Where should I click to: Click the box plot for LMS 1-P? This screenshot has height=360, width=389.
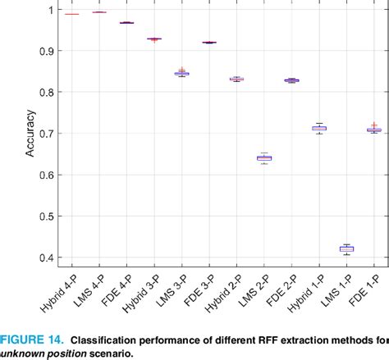pos(346,248)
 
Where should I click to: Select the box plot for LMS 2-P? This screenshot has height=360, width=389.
pos(264,157)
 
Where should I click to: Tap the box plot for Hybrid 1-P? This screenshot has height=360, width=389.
pos(319,128)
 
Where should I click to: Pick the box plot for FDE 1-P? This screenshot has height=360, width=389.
pos(374,130)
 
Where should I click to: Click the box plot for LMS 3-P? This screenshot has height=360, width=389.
pos(181,73)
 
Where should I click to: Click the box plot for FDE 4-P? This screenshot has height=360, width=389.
pos(126,22)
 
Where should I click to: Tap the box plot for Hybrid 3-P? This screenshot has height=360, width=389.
pos(154,39)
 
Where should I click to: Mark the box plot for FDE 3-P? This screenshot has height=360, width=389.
pos(209,42)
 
